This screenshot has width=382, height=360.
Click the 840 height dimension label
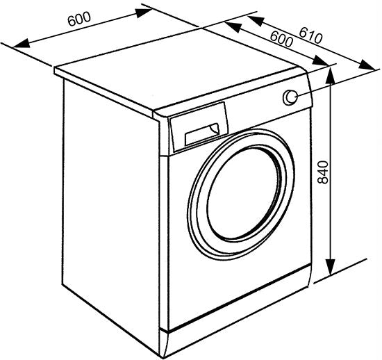(324, 172)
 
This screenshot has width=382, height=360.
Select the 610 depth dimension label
(310, 36)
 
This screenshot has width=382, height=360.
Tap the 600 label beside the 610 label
(281, 39)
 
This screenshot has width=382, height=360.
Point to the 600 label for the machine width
(79, 19)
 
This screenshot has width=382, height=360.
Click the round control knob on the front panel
(290, 97)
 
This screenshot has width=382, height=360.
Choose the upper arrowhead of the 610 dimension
(256, 20)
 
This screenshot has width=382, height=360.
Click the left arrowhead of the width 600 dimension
(22, 43)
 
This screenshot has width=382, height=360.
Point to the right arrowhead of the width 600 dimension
(144, 12)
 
